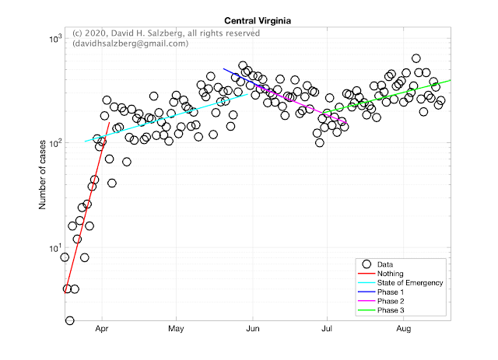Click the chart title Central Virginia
pos(258,21)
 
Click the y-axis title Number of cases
pos(42,175)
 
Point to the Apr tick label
pos(102,329)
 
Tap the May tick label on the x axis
pos(176,329)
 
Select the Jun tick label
pos(253,329)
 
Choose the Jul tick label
pos(327,329)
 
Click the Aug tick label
pos(404,329)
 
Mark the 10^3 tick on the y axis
pos(55,39)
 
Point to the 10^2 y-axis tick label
pos(55,144)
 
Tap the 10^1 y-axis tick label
pos(55,248)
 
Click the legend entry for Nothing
pos(390,274)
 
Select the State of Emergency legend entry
pos(410,283)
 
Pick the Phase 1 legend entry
pos(391,292)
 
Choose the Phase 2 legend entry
pos(391,301)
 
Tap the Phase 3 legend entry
pos(391,310)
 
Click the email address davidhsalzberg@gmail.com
pos(130,44)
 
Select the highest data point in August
pos(416,58)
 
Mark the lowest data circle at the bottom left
pos(69,320)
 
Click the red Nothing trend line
pos(87,208)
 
